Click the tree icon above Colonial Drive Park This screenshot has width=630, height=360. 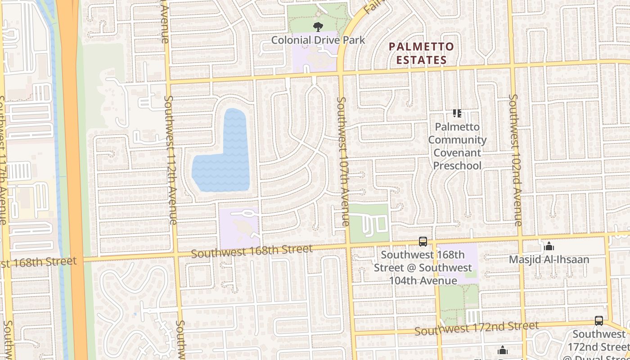(318, 27)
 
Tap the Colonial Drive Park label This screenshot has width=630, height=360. (318, 40)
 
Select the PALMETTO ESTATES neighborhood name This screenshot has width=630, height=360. (421, 53)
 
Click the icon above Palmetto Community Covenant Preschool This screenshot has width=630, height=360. (457, 113)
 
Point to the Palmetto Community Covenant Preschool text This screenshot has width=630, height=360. (457, 146)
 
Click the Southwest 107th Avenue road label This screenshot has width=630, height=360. (342, 161)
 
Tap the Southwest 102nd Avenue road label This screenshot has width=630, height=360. (514, 160)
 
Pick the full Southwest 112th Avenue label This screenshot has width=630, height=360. (170, 160)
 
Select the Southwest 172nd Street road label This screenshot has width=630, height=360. (476, 328)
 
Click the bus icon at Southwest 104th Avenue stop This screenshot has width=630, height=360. (423, 242)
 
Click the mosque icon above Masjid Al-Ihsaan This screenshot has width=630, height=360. (549, 247)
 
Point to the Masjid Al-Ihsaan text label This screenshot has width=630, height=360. (549, 260)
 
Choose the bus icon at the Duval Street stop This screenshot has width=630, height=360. (598, 321)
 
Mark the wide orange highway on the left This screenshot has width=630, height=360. (74, 180)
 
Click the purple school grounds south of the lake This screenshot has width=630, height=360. (238, 225)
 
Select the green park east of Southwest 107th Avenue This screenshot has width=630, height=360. (369, 223)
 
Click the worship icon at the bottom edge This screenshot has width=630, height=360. (503, 350)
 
